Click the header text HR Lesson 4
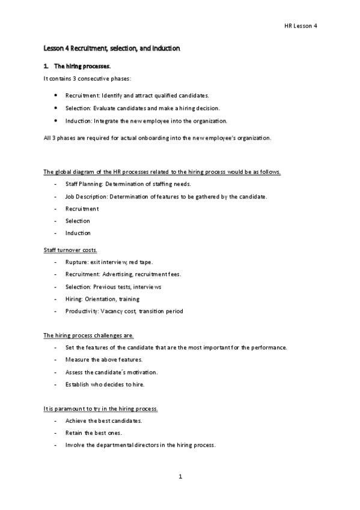(301, 26)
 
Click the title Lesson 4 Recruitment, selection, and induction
(112, 48)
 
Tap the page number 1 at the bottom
(180, 477)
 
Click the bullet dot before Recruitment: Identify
(55, 95)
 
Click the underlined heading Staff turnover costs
(70, 249)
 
